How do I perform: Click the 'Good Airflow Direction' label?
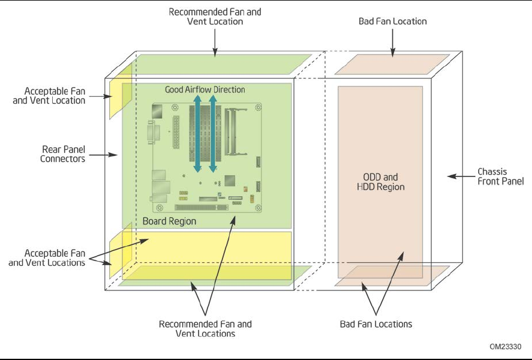click(x=205, y=89)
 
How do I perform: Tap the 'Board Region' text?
click(x=169, y=221)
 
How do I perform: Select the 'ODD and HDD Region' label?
click(x=380, y=182)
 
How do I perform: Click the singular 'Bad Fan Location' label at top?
click(x=392, y=21)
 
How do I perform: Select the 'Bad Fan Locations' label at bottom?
click(x=376, y=324)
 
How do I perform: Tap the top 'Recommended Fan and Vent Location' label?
click(x=215, y=16)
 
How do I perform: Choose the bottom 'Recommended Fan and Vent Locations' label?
click(x=205, y=328)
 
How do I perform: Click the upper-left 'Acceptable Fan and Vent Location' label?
click(x=55, y=96)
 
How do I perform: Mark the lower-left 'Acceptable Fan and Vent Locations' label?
click(x=55, y=258)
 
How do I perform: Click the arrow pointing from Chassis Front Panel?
click(x=461, y=176)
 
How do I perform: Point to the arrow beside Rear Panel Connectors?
click(x=110, y=154)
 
